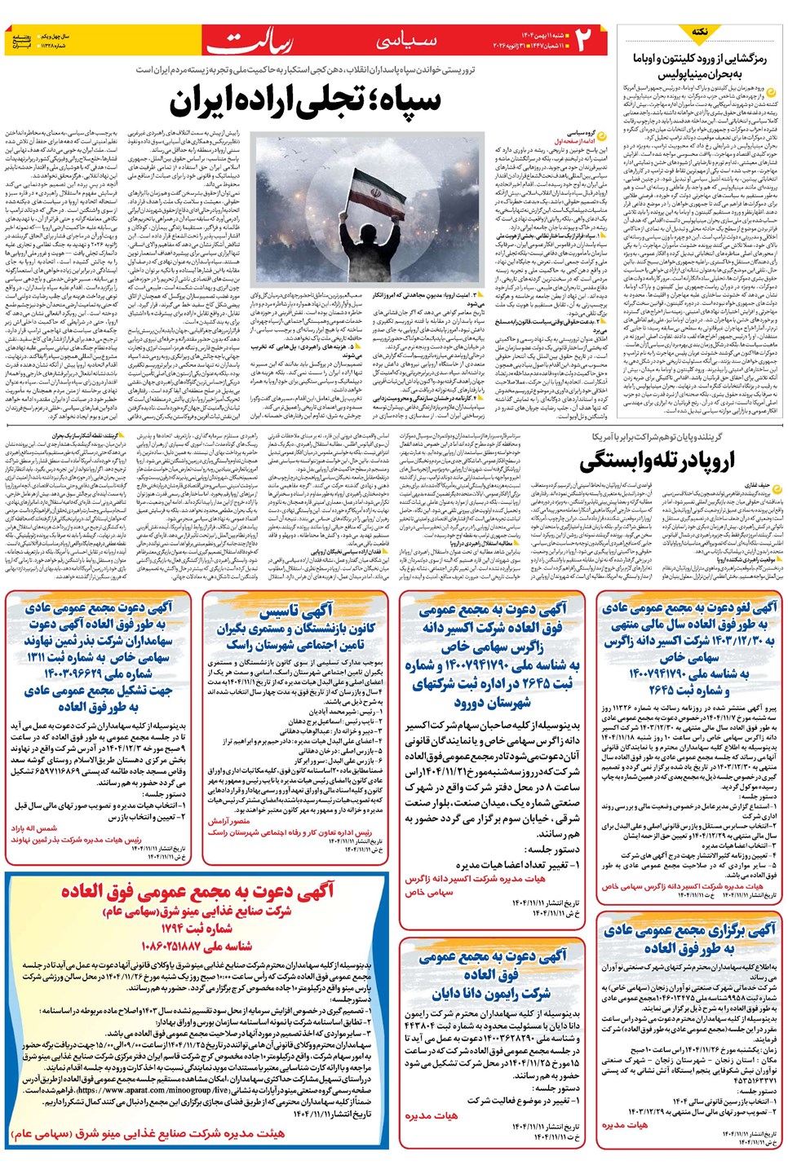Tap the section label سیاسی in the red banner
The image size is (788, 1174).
point(405,40)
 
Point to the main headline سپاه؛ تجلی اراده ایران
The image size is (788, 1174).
point(305,100)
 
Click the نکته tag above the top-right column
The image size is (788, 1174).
point(700,32)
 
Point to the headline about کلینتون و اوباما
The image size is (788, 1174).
point(700,65)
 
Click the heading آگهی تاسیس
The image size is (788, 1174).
point(295,611)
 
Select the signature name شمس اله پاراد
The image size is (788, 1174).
point(34,828)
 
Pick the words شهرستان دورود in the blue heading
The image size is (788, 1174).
point(493,702)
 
